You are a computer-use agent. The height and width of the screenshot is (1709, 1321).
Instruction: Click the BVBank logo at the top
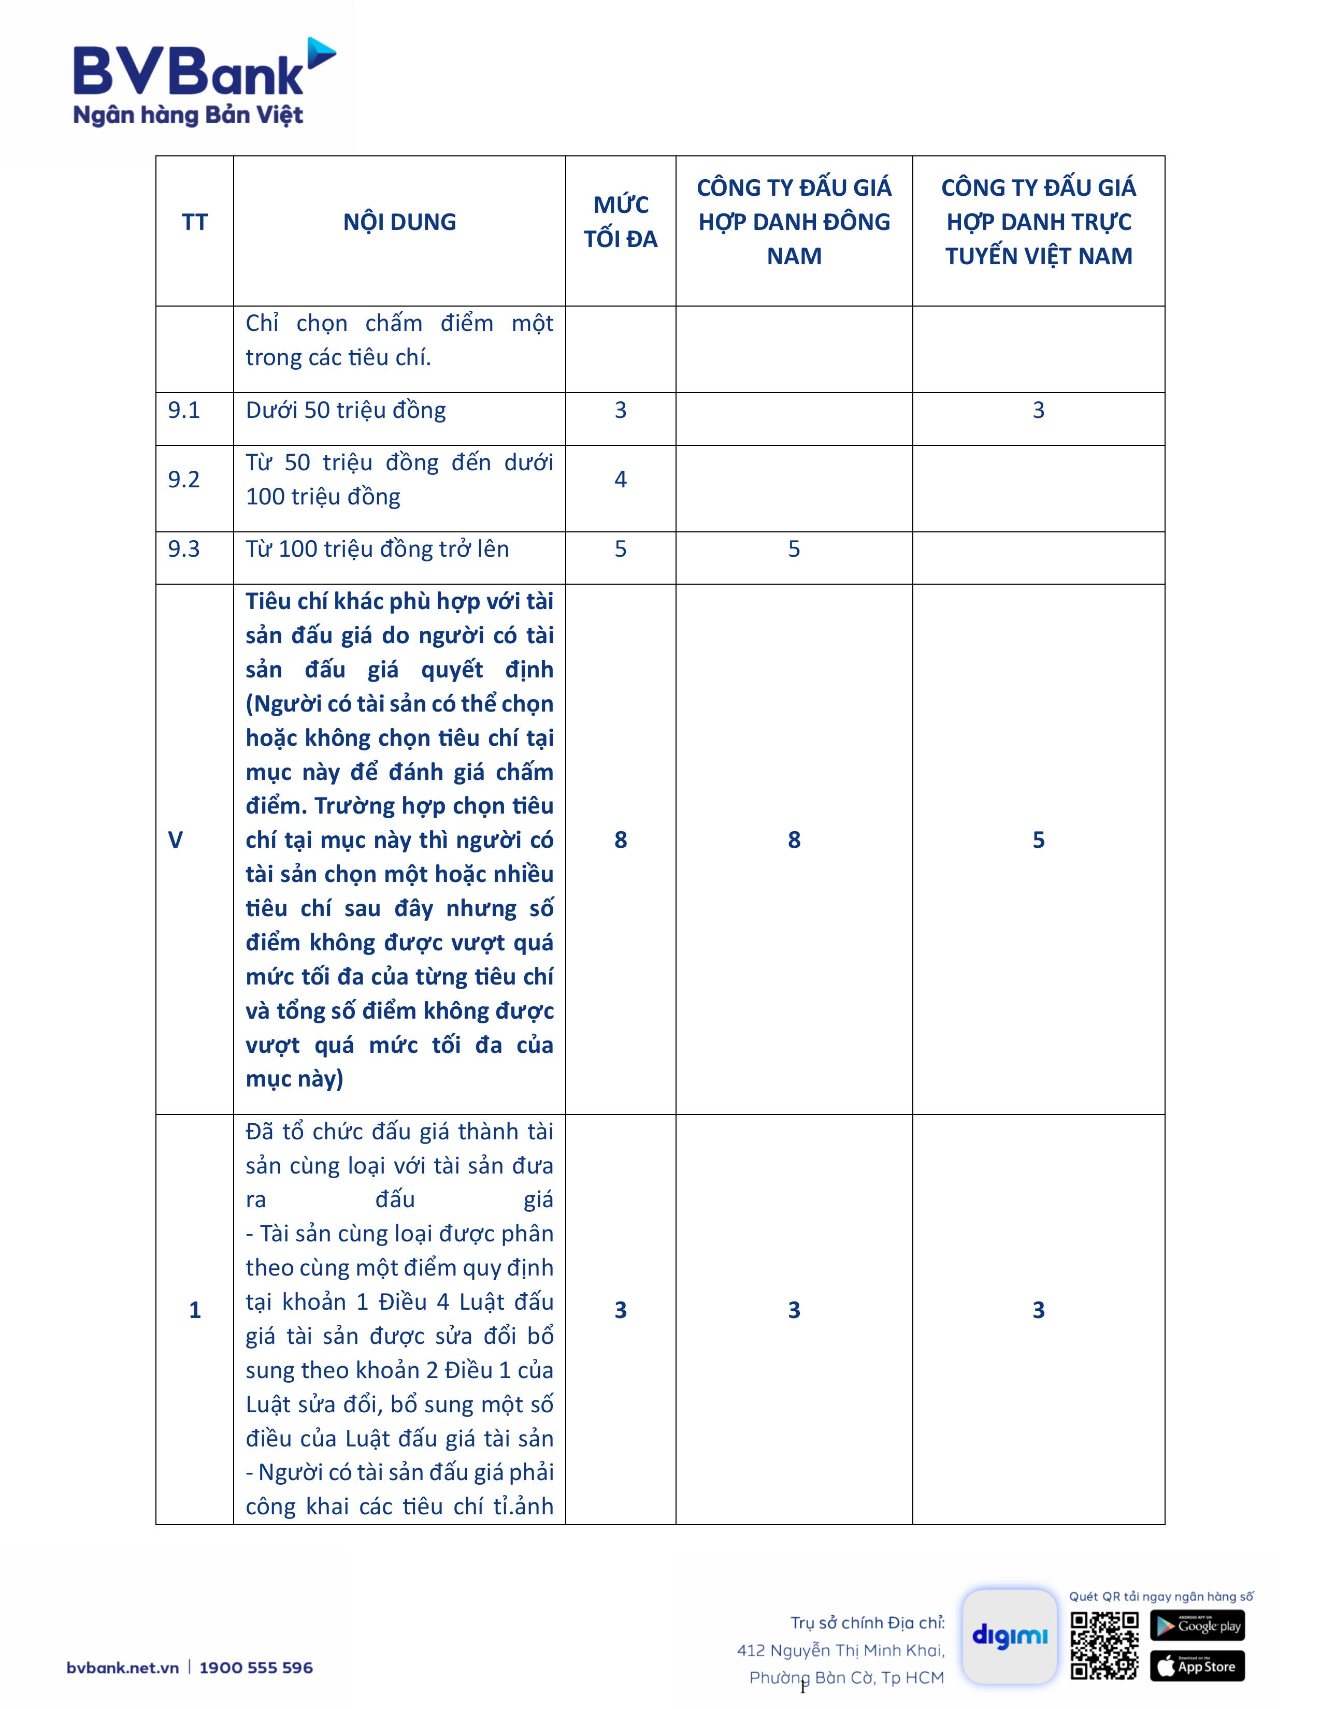click(x=204, y=82)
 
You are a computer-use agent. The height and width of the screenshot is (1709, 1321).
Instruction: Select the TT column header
click(x=195, y=222)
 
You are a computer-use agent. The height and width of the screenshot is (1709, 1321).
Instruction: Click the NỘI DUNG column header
click(x=399, y=222)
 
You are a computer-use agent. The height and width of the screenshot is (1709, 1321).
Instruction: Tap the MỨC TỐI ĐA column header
click(x=621, y=222)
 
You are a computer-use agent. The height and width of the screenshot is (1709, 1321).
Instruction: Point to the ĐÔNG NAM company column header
click(x=794, y=222)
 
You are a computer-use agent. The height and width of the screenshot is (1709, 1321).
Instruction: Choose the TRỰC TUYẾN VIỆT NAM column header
click(x=1039, y=222)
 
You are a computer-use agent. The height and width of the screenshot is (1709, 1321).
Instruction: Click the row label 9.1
click(x=184, y=410)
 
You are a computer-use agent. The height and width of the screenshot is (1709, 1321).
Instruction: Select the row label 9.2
click(x=184, y=479)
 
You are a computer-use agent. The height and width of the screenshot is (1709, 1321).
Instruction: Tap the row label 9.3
click(x=184, y=548)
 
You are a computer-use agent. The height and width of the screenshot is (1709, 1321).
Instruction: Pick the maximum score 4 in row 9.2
click(x=621, y=479)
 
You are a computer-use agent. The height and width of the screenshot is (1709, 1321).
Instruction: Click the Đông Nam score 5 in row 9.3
click(x=794, y=548)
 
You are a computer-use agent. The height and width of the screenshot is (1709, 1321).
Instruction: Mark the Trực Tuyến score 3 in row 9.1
click(x=1039, y=410)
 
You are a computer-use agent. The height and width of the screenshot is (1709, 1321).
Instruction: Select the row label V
click(x=175, y=839)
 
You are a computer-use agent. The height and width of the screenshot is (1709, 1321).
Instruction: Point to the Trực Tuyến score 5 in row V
click(x=1039, y=839)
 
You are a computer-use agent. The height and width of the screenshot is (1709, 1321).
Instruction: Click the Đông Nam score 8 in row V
click(x=794, y=839)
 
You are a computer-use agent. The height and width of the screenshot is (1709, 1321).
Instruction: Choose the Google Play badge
click(x=1197, y=1625)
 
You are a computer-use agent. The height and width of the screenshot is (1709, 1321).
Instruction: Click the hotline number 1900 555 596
click(x=256, y=1668)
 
